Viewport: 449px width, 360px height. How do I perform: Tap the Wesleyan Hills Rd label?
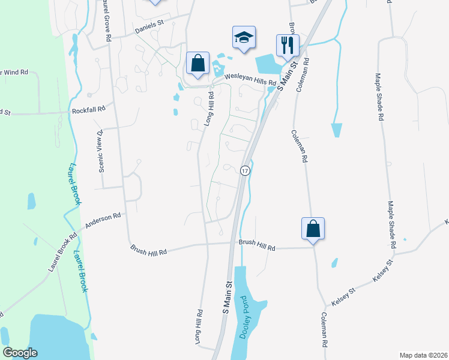tap(250, 78)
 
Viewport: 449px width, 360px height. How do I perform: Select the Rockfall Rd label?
tap(88, 109)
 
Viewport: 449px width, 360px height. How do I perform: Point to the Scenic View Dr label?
tap(101, 150)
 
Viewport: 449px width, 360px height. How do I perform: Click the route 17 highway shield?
tap(244, 171)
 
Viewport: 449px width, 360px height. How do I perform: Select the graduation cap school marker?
tap(244, 38)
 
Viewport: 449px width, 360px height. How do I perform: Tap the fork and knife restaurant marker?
tap(287, 44)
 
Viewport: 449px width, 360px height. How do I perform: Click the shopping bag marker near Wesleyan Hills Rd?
tap(197, 63)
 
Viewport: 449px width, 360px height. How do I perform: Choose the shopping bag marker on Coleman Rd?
tap(312, 229)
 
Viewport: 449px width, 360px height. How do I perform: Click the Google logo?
tap(20, 353)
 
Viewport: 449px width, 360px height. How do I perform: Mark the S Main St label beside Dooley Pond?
tap(228, 298)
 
